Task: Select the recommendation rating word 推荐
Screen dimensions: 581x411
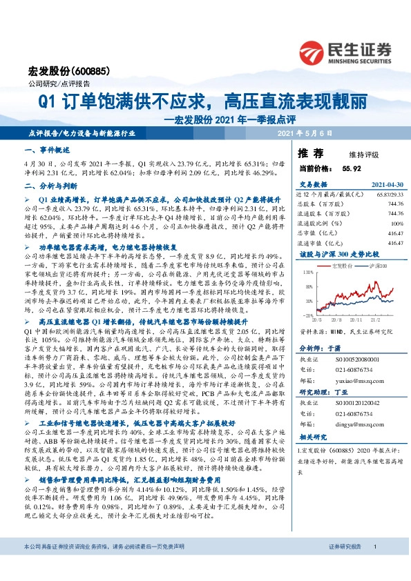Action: (x=309, y=152)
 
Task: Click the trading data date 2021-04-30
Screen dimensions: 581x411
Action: (x=388, y=184)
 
